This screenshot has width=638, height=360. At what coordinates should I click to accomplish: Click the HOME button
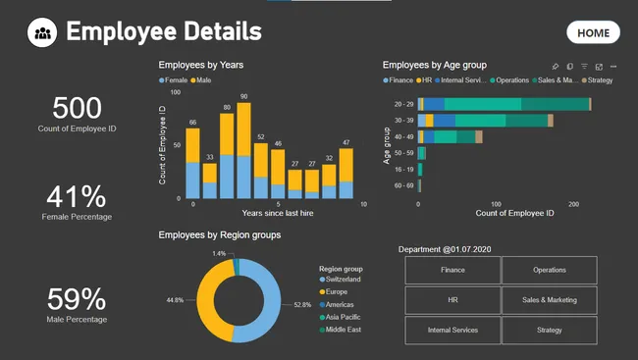(x=593, y=32)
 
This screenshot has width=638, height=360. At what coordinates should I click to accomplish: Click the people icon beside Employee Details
(x=42, y=32)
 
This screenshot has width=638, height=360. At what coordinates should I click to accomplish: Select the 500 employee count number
(x=77, y=109)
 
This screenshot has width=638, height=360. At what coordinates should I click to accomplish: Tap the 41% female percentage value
(x=77, y=196)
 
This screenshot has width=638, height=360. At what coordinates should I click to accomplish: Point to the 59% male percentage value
(x=77, y=299)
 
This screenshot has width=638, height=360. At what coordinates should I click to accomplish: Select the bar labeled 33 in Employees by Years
(x=209, y=180)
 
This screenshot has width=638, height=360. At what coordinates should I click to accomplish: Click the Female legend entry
(x=175, y=79)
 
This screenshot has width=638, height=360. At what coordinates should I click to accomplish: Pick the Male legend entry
(x=203, y=79)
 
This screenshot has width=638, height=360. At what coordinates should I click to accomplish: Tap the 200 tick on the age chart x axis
(x=573, y=204)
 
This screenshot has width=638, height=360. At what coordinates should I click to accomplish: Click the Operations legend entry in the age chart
(x=511, y=79)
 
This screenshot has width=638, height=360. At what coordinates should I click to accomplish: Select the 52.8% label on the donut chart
(x=302, y=305)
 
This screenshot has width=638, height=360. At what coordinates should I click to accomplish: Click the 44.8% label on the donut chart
(x=175, y=299)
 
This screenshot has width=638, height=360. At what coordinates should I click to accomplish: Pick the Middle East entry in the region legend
(x=344, y=330)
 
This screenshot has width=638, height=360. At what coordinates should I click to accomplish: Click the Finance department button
(x=452, y=270)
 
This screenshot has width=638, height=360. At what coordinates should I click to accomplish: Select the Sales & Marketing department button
(x=549, y=300)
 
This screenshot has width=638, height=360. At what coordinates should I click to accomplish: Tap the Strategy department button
(x=549, y=331)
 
